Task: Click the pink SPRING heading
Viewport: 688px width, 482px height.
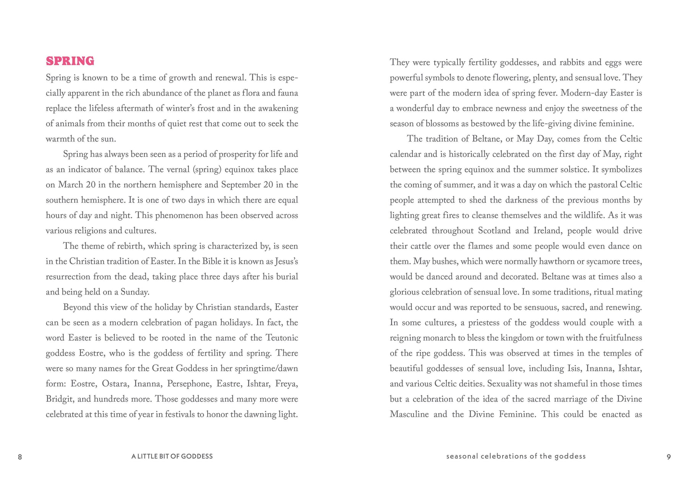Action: click(70, 61)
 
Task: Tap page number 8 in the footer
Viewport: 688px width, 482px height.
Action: click(20, 457)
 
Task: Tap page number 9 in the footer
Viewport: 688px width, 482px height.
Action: click(669, 457)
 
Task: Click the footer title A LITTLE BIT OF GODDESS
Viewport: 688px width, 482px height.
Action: click(172, 456)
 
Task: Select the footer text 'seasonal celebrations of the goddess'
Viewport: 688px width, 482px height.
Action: click(516, 456)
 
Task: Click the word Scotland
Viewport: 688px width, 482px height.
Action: click(494, 231)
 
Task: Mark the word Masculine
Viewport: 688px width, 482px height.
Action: click(409, 414)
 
